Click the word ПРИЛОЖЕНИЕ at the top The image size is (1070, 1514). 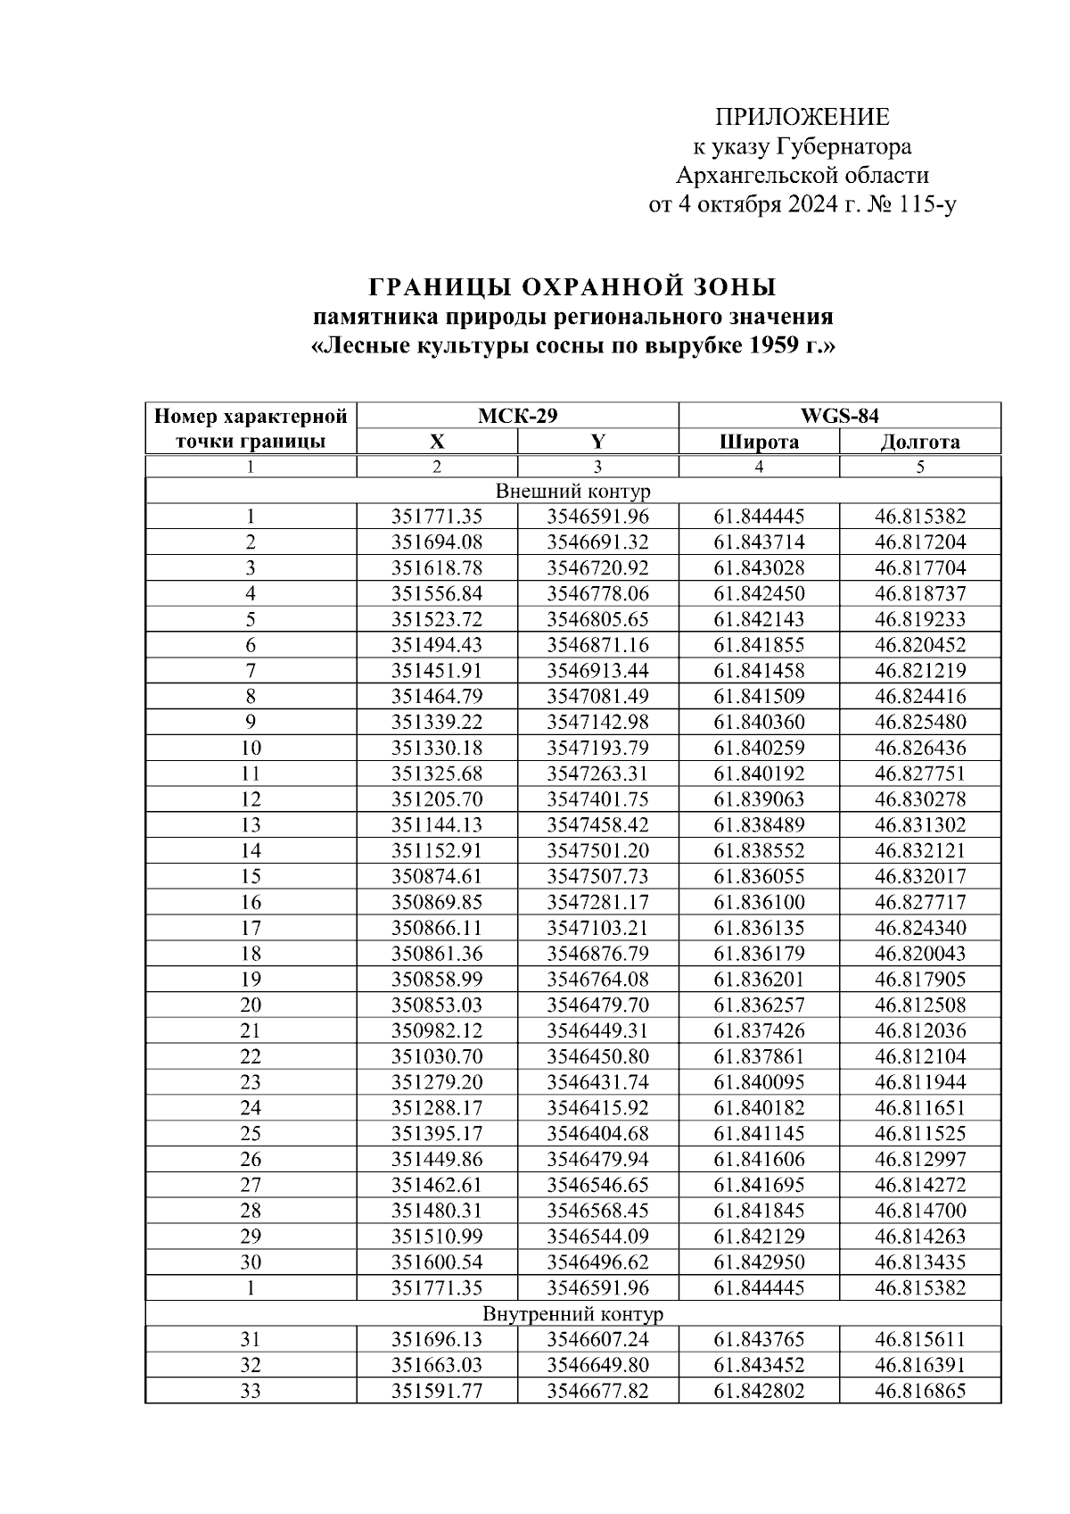[x=802, y=118]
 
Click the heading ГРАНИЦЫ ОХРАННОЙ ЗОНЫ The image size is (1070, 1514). [x=572, y=287]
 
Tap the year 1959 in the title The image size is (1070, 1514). [x=772, y=345]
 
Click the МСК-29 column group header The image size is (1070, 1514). [x=517, y=416]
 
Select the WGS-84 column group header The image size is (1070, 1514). [x=839, y=416]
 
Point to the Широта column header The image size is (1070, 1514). [x=759, y=442]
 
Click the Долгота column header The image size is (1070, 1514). [x=919, y=442]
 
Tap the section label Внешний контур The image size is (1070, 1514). [x=572, y=491]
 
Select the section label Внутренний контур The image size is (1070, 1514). [x=572, y=1314]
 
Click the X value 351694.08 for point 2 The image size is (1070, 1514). [x=437, y=542]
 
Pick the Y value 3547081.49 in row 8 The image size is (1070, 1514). [x=597, y=697]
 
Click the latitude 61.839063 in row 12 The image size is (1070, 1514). [x=759, y=799]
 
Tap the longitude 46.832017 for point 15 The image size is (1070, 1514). [x=919, y=877]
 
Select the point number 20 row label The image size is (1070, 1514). [x=251, y=1005]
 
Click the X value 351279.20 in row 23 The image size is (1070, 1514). [x=437, y=1083]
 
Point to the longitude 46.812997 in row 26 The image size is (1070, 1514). [x=919, y=1160]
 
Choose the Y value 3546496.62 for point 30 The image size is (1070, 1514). [x=597, y=1262]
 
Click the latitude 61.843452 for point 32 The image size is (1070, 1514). [x=759, y=1366]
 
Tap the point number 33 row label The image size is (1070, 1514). [x=251, y=1392]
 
